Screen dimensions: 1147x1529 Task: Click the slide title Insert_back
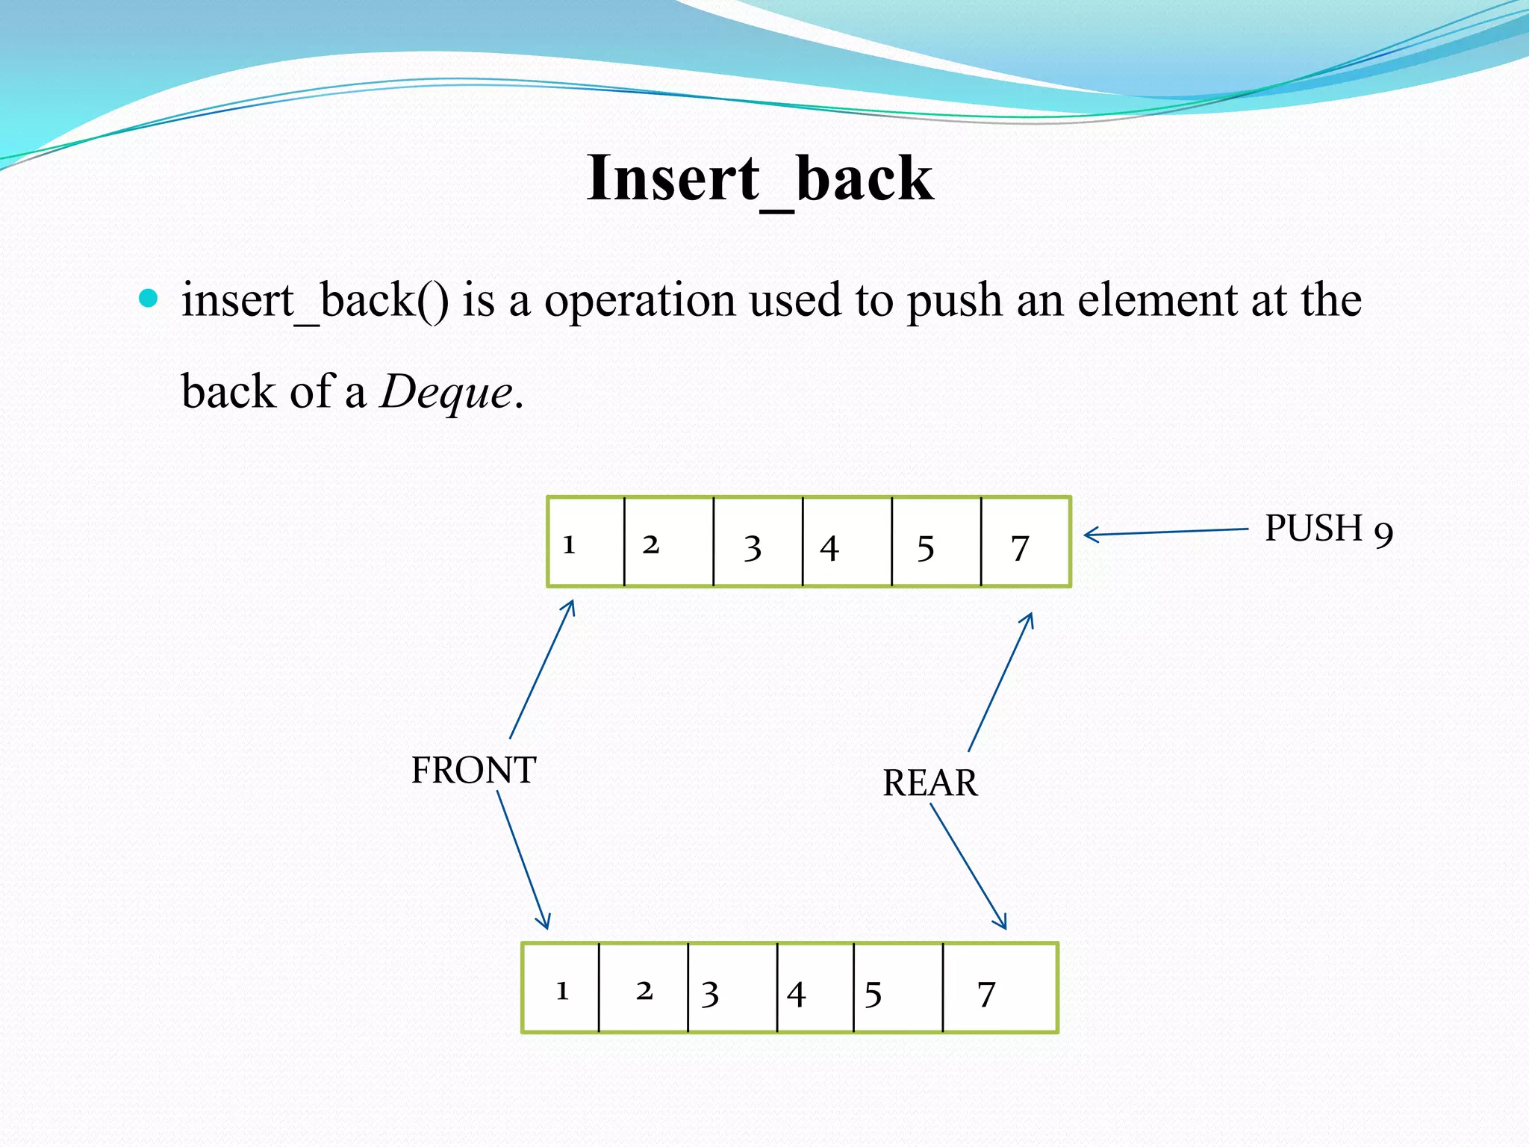pos(760,179)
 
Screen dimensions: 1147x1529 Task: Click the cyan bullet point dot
pos(149,299)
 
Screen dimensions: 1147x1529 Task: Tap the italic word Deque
pos(446,391)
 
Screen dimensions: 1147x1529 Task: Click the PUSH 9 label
pos(1328,529)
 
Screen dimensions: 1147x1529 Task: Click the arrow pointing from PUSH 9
pos(1165,532)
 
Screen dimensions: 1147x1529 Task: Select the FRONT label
pos(473,770)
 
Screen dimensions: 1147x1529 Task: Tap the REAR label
pos(929,783)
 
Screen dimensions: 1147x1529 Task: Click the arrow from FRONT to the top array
pos(542,669)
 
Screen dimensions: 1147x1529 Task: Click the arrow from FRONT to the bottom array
pos(523,860)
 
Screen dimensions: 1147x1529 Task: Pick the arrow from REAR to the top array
pos(1000,682)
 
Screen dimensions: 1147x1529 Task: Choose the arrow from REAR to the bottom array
pos(968,866)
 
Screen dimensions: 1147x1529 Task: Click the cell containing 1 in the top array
pos(586,542)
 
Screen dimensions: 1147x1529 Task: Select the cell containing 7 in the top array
pos(1025,542)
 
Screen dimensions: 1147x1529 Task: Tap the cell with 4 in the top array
pos(847,542)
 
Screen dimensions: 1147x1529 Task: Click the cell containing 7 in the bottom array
pos(1000,988)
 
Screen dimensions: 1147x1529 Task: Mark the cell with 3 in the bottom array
pos(732,988)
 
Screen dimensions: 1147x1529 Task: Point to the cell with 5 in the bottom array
pos(897,988)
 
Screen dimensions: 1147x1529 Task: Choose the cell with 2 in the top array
pos(668,542)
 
